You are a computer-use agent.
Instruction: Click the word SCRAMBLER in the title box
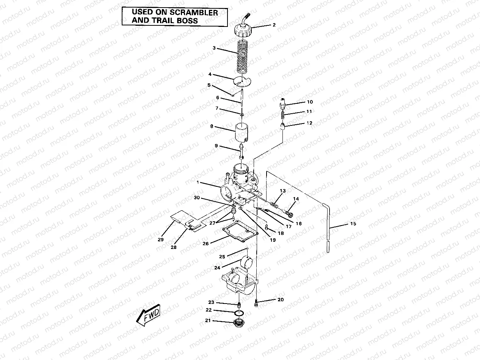[193, 13]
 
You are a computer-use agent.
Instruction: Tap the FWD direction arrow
[149, 315]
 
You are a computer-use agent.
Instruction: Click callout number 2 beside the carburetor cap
[274, 26]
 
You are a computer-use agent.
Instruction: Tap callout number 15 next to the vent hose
[353, 224]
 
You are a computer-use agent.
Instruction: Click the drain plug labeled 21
[239, 324]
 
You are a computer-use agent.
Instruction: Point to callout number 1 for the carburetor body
[198, 182]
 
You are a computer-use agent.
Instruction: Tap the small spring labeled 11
[282, 112]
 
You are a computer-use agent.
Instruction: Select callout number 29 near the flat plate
[160, 239]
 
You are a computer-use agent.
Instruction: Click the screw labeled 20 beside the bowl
[257, 302]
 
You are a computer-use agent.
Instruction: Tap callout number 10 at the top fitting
[310, 102]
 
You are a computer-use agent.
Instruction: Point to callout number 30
[196, 198]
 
